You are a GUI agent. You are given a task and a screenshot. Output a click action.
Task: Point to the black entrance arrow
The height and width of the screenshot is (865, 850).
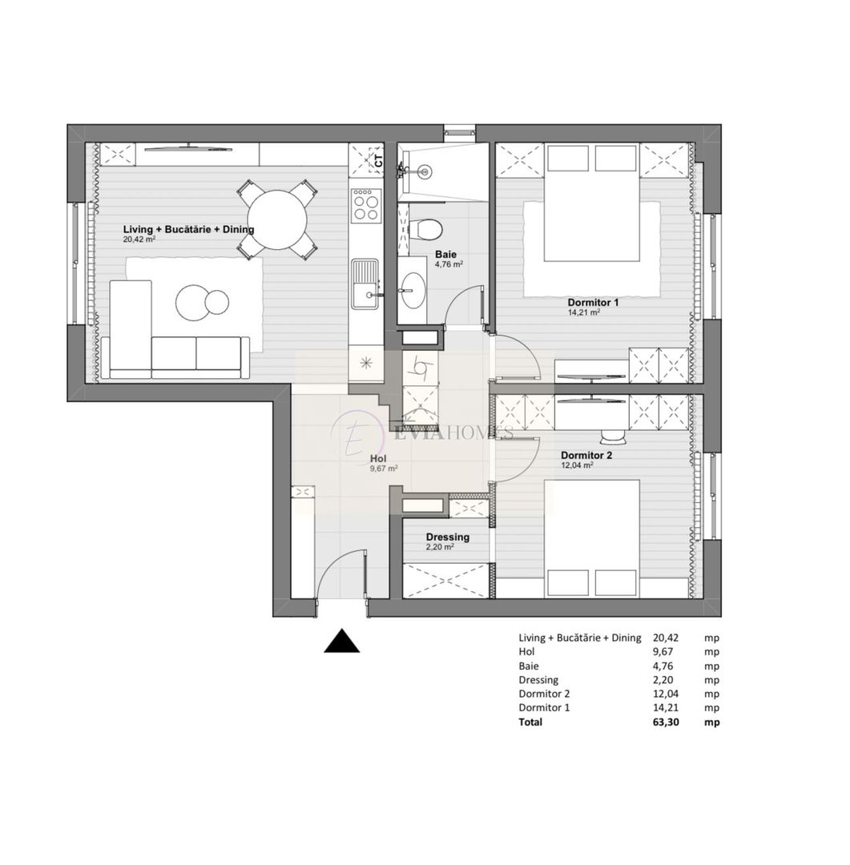point(342,642)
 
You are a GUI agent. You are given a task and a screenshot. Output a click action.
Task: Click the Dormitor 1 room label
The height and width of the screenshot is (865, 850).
point(593,303)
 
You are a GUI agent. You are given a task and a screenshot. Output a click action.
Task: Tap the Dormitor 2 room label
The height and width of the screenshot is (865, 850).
point(586,455)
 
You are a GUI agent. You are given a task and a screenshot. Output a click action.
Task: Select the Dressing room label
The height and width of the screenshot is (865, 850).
point(447,537)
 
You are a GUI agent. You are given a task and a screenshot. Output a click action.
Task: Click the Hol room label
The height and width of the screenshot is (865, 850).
point(378,459)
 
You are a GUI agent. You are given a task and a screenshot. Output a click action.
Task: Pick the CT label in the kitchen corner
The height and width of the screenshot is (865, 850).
point(378,159)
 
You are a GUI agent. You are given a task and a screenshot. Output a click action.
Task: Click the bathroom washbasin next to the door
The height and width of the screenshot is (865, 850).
point(414,288)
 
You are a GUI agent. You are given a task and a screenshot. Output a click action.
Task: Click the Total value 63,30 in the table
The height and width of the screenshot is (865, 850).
point(666,722)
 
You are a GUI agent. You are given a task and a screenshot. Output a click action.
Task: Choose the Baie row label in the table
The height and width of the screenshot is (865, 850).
point(529,666)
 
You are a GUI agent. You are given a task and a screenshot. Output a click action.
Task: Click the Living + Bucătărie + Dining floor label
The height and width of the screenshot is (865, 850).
point(188,229)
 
